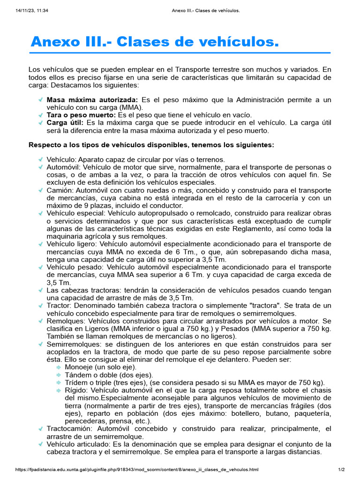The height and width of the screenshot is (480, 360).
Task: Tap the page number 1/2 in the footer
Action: pos(341,469)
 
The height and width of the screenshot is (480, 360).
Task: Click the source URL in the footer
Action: pos(136,469)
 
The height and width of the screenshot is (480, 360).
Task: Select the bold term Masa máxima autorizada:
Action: pos(92,100)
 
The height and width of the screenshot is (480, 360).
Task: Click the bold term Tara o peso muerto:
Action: pos(81,115)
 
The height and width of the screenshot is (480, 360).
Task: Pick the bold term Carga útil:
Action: pos(65,122)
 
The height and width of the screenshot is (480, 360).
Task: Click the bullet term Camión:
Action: pos(60,190)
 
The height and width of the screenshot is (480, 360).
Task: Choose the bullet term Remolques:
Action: pos(65,321)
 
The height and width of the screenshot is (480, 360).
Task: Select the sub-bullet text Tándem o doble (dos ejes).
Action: pos(109,375)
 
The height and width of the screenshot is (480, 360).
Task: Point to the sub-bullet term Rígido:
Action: pos(76,390)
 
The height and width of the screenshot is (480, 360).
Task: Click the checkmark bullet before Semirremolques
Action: pos(41,344)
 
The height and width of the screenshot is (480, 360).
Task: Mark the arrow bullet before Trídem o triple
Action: pos(59,382)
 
